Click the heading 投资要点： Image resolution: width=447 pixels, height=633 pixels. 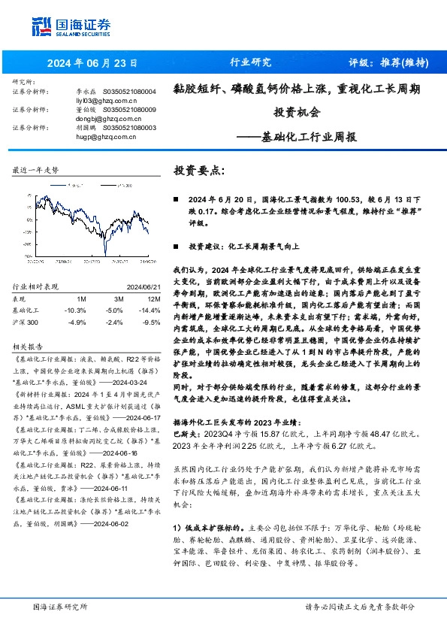[199, 171]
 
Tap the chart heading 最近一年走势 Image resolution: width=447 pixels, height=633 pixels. [35, 171]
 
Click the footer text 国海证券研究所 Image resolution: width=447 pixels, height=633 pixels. [61, 607]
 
